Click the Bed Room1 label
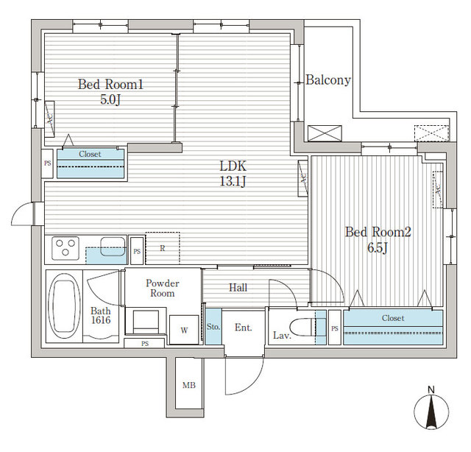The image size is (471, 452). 110,85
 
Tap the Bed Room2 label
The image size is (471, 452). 378,233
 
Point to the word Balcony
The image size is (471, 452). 328,80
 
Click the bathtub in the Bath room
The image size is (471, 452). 64,306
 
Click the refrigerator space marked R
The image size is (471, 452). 163,248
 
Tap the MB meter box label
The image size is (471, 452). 188,385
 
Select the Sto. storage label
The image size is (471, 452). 213,326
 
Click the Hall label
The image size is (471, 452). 237,288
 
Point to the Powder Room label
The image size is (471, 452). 163,288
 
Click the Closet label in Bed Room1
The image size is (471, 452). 90,155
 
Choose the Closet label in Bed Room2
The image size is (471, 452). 392,318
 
